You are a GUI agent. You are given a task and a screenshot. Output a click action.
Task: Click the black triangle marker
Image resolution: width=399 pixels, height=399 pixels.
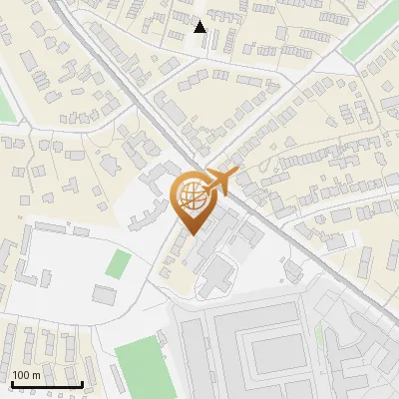pyautogui.click(x=200, y=27)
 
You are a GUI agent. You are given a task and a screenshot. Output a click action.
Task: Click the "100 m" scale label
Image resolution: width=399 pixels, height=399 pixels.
pyautogui.click(x=27, y=375)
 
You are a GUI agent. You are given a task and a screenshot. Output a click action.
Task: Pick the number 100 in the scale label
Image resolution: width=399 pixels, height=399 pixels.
pyautogui.click(x=22, y=375)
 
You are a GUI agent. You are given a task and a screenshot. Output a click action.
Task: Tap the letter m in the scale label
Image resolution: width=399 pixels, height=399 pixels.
pyautogui.click(x=37, y=375)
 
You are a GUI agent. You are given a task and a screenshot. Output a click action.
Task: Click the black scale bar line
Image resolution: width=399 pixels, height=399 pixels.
pyautogui.click(x=46, y=385)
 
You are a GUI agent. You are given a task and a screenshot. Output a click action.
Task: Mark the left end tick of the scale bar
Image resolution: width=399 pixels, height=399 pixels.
pyautogui.click(x=11, y=383)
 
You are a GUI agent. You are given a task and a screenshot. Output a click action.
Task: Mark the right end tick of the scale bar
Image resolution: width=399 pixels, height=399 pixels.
pyautogui.click(x=81, y=383)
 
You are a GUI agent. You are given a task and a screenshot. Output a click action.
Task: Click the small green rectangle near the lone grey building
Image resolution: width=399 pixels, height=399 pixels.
pyautogui.click(x=119, y=264)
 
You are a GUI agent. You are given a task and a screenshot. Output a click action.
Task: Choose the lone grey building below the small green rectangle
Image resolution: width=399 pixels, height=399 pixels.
pyautogui.click(x=105, y=294)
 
